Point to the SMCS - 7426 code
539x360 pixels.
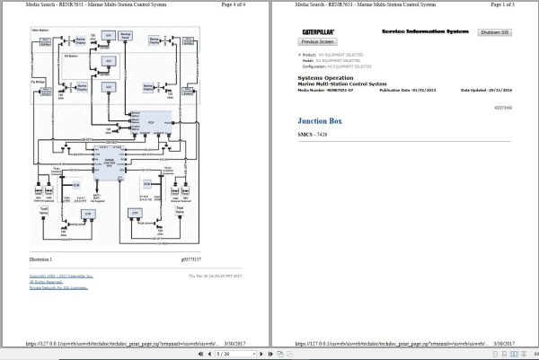(313, 134)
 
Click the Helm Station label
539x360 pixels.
(40, 31)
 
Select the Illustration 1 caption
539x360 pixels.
(41, 258)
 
